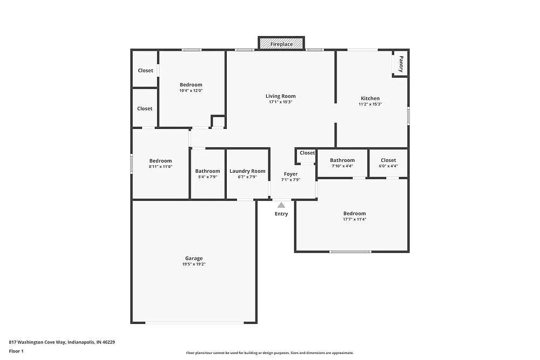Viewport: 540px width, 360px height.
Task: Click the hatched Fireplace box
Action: pyautogui.click(x=281, y=44)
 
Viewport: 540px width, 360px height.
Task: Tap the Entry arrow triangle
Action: pyautogui.click(x=281, y=205)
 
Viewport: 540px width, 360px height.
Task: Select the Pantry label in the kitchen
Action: pyautogui.click(x=401, y=64)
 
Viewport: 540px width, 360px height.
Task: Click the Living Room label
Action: pyautogui.click(x=280, y=96)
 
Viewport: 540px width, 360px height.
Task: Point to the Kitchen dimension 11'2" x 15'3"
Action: pyautogui.click(x=370, y=104)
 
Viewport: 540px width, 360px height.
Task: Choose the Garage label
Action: pyautogui.click(x=194, y=258)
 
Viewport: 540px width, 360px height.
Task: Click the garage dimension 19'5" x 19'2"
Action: pyautogui.click(x=194, y=264)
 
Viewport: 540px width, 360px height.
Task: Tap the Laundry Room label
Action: pyautogui.click(x=247, y=171)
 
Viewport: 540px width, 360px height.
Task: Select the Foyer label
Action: pyautogui.click(x=291, y=174)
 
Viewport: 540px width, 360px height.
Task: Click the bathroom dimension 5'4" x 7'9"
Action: pyautogui.click(x=207, y=177)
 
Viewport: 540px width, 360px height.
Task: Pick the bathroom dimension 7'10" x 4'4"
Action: pyautogui.click(x=342, y=166)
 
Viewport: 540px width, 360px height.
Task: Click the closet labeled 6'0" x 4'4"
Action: pyautogui.click(x=388, y=166)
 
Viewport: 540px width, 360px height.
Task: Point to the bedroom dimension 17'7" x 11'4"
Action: pyautogui.click(x=354, y=219)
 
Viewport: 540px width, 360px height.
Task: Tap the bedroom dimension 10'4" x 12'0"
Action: pyautogui.click(x=191, y=91)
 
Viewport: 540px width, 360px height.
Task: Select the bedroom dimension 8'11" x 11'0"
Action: pyautogui.click(x=160, y=167)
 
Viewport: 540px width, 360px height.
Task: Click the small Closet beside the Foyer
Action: pyautogui.click(x=307, y=153)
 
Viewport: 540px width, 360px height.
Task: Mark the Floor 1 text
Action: pyautogui.click(x=16, y=351)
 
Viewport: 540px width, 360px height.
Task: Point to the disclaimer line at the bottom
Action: pyautogui.click(x=270, y=352)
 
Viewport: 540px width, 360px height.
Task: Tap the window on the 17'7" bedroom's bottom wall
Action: pyautogui.click(x=350, y=252)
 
